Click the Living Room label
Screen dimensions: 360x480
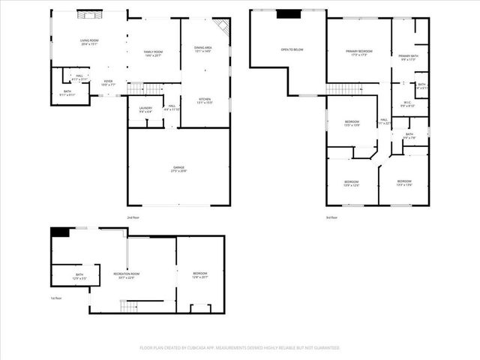coord(89,42)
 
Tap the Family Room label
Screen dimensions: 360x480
coord(154,53)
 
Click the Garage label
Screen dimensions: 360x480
coord(178,169)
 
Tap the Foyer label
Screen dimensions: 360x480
coord(108,83)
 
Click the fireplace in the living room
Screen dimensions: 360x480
coord(89,14)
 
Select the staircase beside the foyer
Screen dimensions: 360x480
coord(145,89)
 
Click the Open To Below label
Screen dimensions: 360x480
coord(292,49)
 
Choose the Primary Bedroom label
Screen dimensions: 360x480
coord(358,52)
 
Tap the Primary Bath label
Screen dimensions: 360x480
coord(409,58)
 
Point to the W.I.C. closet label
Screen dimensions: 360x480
coord(408,105)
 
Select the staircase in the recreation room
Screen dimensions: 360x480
coord(128,305)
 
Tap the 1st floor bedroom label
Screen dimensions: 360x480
coord(199,275)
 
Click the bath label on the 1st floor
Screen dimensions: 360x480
coord(79,276)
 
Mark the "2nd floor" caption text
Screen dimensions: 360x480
coord(133,217)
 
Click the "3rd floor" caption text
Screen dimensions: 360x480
coord(331,217)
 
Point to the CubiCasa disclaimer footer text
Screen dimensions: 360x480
coord(239,348)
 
